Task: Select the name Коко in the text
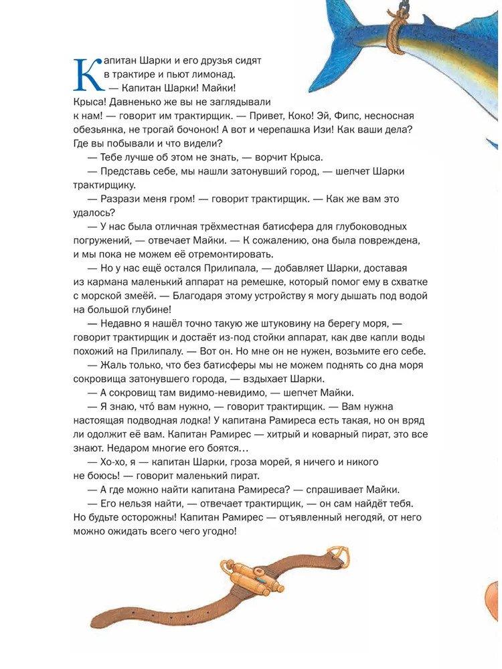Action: [290, 115]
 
